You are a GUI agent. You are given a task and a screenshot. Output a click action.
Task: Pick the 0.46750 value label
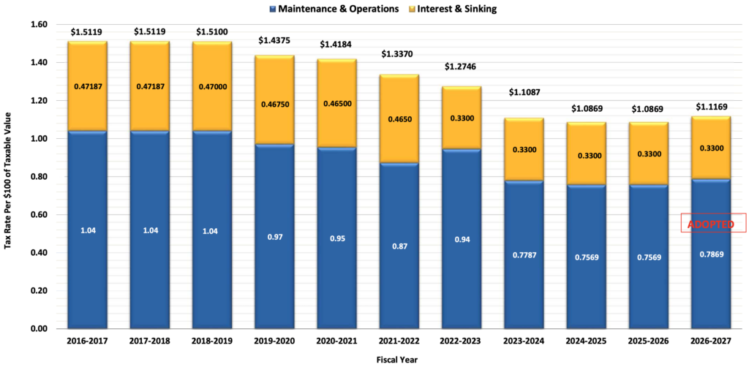(274, 117)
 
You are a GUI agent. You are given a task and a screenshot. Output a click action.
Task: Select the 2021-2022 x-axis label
(399, 341)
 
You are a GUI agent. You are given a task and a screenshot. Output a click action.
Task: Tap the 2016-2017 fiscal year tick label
(88, 341)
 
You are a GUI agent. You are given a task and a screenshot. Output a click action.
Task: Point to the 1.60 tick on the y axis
(39, 24)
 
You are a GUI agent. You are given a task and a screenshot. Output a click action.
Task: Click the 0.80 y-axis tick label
(39, 177)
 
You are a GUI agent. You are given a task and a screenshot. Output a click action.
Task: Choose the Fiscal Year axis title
(399, 360)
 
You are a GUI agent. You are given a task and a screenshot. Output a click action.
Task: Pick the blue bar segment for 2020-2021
(336, 238)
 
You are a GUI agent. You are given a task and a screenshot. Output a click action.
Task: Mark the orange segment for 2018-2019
(212, 86)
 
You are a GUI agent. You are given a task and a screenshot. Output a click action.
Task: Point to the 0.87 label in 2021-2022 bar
(399, 246)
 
